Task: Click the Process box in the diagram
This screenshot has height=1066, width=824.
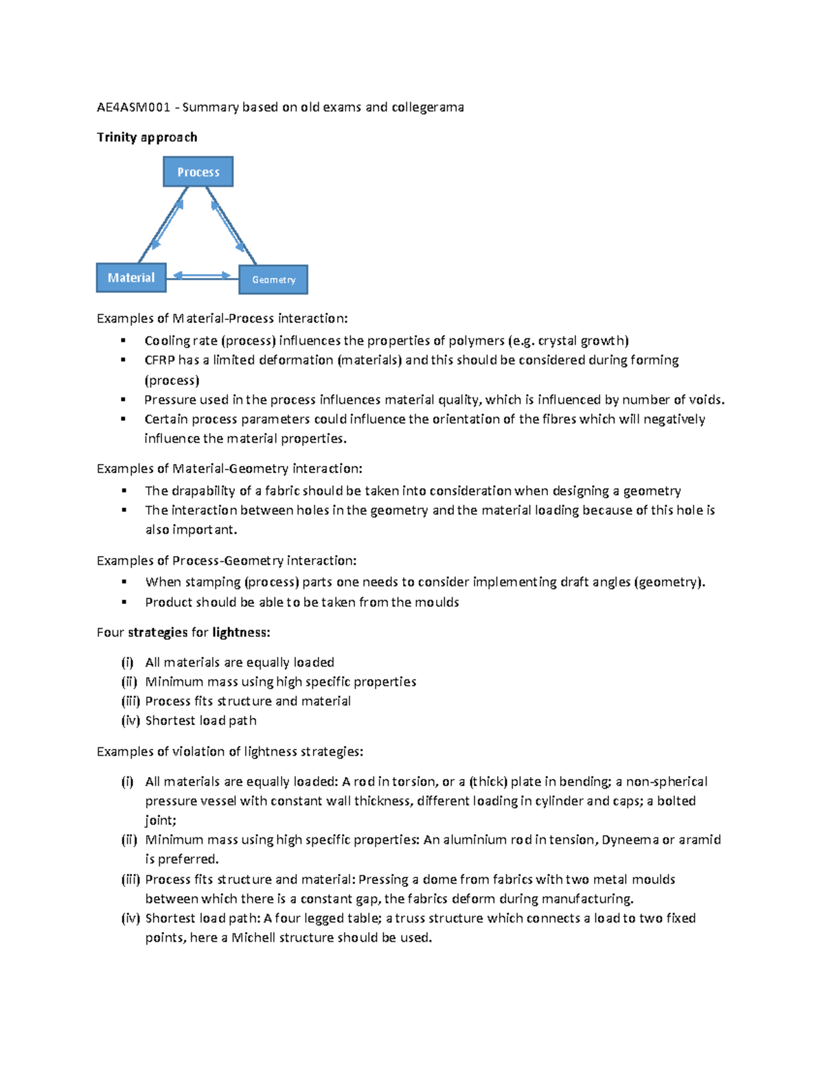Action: [x=198, y=172]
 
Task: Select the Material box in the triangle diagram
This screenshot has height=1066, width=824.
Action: [x=131, y=277]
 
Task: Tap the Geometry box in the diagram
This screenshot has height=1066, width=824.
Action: [x=273, y=279]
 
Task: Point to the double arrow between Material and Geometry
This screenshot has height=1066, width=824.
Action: [x=202, y=276]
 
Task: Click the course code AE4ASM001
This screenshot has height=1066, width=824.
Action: [x=133, y=107]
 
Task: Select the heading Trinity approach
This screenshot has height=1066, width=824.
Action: [x=147, y=137]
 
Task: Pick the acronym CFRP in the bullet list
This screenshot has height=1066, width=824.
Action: [x=160, y=360]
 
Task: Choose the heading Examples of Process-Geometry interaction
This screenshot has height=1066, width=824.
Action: [x=227, y=561]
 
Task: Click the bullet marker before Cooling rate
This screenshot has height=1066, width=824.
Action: [x=124, y=340]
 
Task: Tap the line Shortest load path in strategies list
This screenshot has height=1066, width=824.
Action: [x=201, y=721]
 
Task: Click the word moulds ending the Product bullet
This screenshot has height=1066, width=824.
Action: [x=437, y=602]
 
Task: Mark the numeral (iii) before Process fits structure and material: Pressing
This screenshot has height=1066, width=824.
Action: [x=130, y=879]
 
